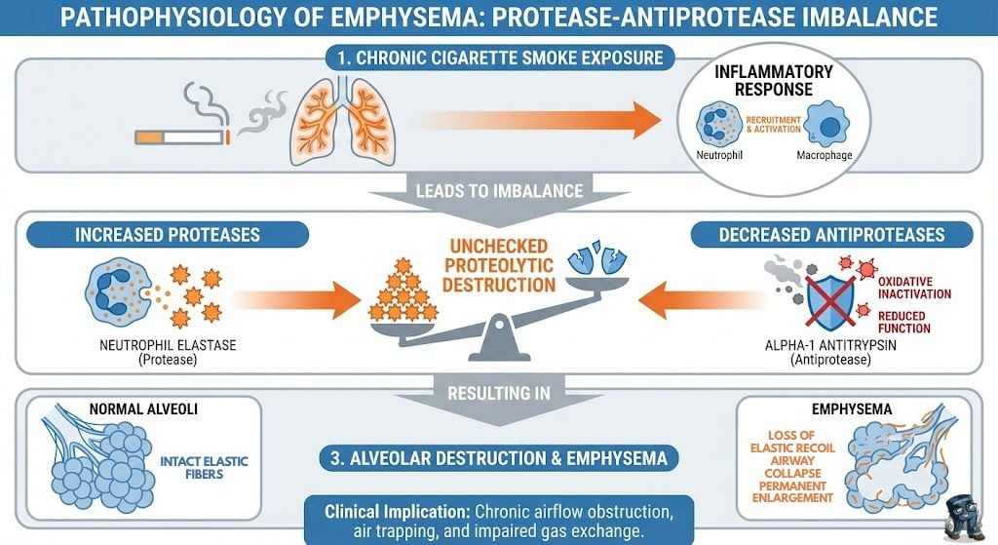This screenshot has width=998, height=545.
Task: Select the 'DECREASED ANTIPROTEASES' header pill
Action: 831,235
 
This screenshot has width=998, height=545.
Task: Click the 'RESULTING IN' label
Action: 498,394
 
